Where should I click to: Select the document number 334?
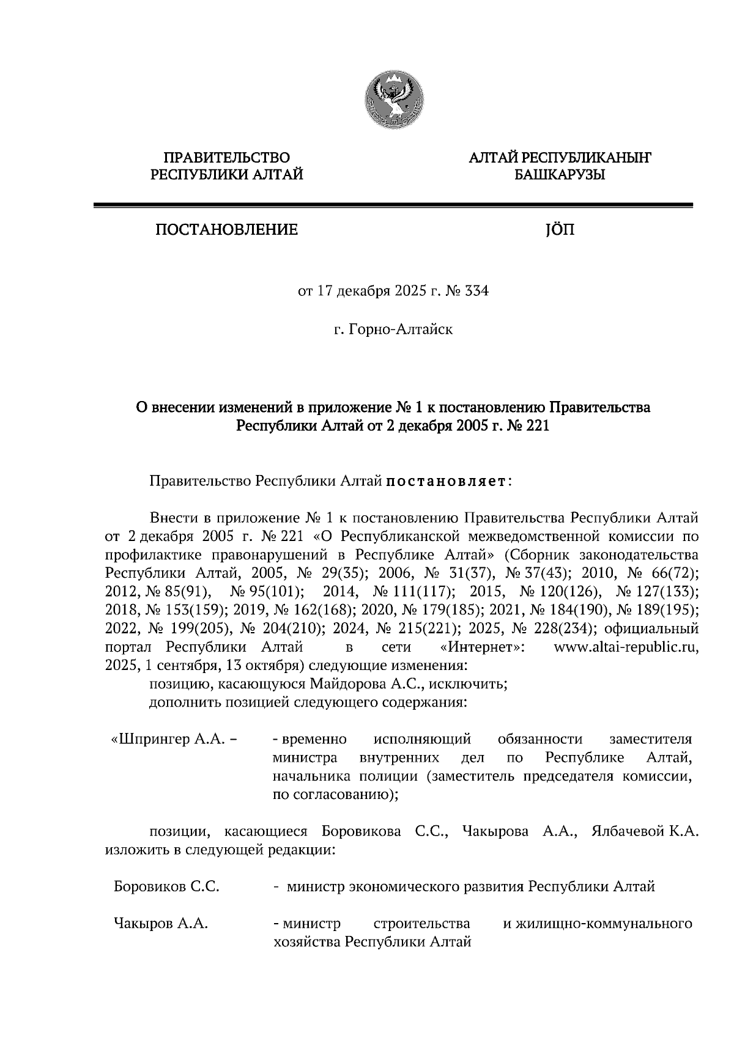[x=477, y=292]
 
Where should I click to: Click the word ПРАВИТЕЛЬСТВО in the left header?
[x=227, y=158]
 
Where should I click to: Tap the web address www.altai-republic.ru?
[x=625, y=647]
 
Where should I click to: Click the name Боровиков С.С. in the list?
[x=167, y=886]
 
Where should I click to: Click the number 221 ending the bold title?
[x=536, y=426]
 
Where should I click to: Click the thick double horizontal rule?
[x=393, y=206]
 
